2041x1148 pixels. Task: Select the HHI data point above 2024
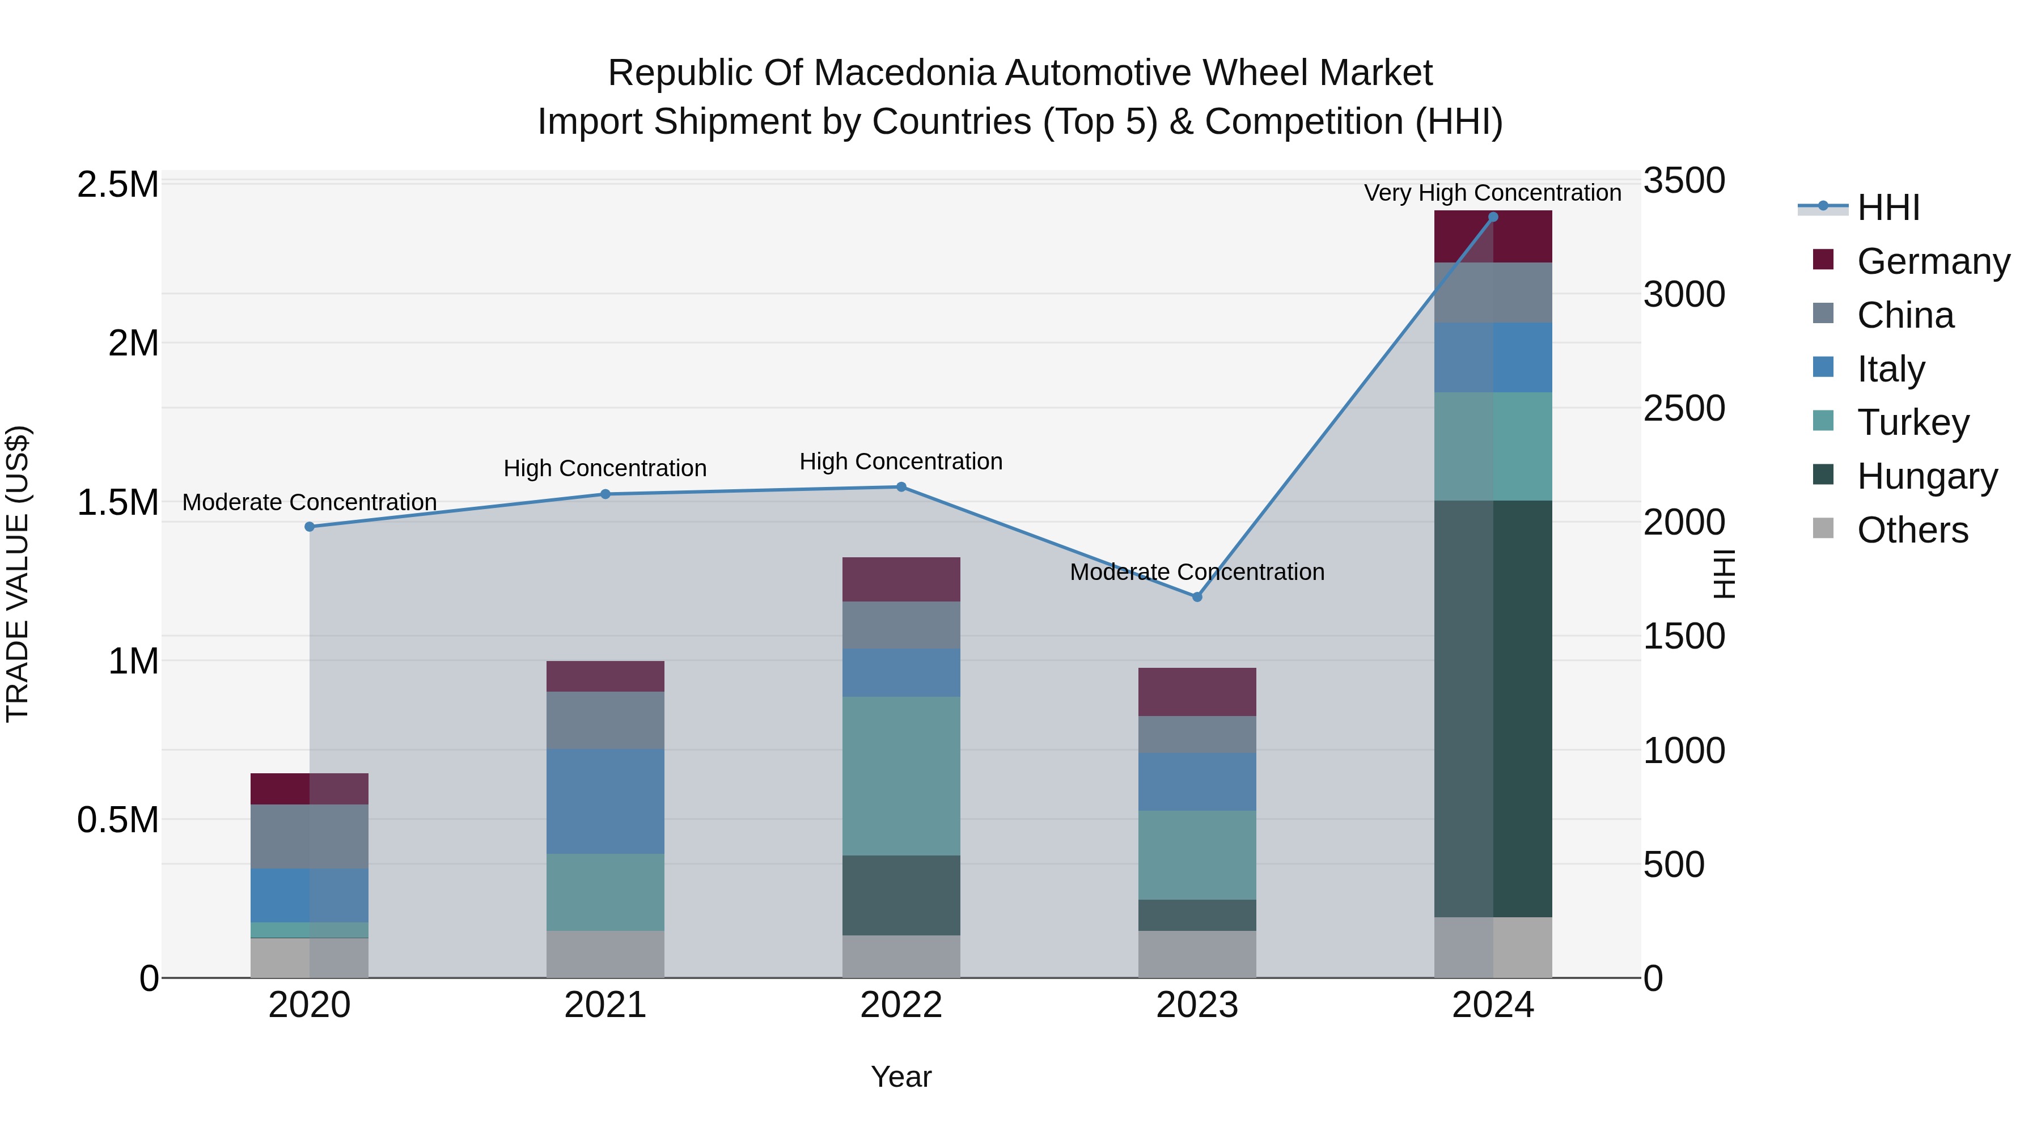click(1493, 217)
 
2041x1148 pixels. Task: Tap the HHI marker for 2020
click(310, 527)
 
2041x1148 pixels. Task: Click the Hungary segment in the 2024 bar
click(1493, 709)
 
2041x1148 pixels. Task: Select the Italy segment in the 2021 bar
click(605, 801)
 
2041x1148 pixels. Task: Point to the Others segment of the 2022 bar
click(901, 956)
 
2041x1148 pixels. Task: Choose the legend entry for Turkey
click(1912, 422)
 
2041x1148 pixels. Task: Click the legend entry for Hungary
click(1926, 476)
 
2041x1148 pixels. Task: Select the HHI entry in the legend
click(1887, 207)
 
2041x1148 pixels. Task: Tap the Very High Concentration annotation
click(1492, 193)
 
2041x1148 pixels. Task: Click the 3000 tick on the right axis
click(1684, 295)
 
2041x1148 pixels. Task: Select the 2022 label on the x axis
click(901, 1005)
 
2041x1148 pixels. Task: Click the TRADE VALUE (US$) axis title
click(18, 574)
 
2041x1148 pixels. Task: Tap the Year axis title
click(901, 1077)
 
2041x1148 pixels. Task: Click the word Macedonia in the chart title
click(903, 73)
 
